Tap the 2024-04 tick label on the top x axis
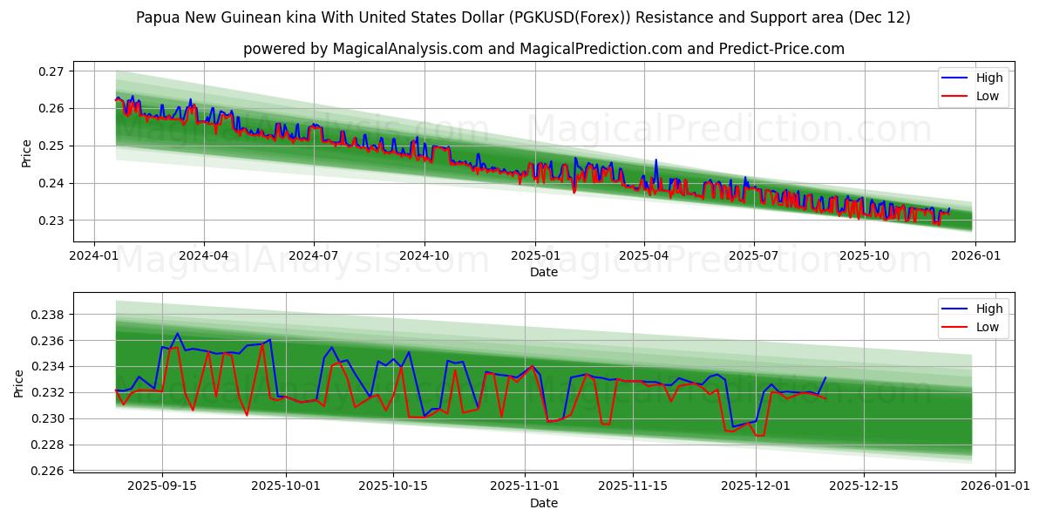pos(204,256)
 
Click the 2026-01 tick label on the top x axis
pos(974,256)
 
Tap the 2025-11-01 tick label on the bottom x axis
pos(524,486)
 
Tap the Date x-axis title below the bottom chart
pos(543,503)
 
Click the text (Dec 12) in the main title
pos(879,17)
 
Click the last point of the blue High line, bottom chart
pos(825,377)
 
